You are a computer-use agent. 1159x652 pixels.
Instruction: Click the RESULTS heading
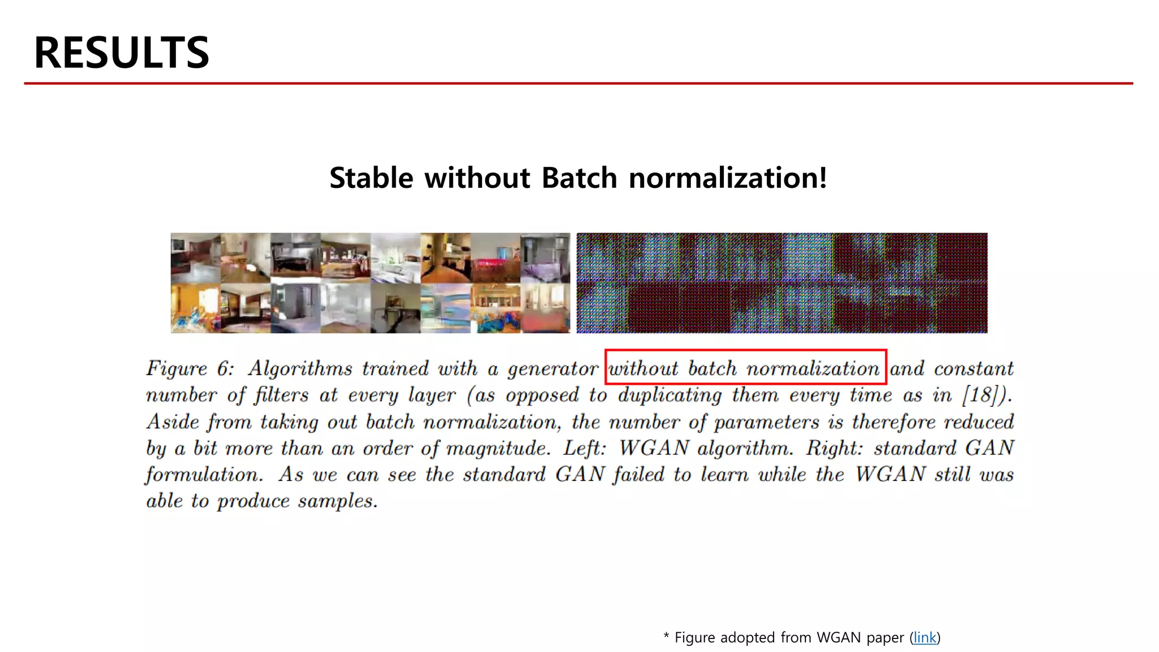click(x=121, y=53)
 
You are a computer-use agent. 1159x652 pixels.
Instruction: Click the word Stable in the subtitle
click(x=371, y=178)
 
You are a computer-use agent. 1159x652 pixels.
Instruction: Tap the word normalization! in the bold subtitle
click(x=728, y=178)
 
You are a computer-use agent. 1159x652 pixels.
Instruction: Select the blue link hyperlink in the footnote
click(x=925, y=638)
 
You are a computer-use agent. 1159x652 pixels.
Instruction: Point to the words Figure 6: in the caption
click(x=190, y=368)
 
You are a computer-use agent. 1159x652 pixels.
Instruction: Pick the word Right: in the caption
click(x=834, y=448)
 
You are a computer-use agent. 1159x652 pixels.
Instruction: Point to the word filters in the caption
click(x=281, y=395)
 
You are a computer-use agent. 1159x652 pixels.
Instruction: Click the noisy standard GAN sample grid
click(x=782, y=283)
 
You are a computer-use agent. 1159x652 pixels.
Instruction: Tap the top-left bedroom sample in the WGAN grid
click(x=196, y=258)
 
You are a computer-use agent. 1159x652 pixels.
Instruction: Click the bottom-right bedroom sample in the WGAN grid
click(x=545, y=308)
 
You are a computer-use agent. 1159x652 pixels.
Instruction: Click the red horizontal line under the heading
click(x=577, y=83)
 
